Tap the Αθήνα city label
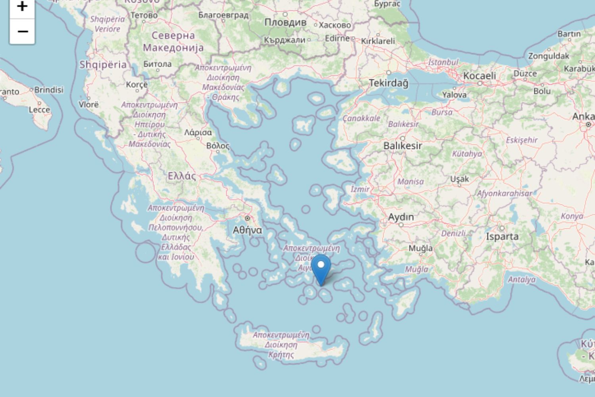247,230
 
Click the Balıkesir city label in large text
403,146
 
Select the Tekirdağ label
388,83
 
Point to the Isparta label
502,236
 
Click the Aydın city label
401,217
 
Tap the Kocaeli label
480,75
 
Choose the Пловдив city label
285,22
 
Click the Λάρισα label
198,132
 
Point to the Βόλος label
218,146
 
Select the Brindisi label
49,90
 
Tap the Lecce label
39,110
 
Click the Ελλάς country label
182,176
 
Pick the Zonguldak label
549,56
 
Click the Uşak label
459,179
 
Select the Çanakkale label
361,118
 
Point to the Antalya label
522,279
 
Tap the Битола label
157,64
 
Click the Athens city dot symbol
248,218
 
